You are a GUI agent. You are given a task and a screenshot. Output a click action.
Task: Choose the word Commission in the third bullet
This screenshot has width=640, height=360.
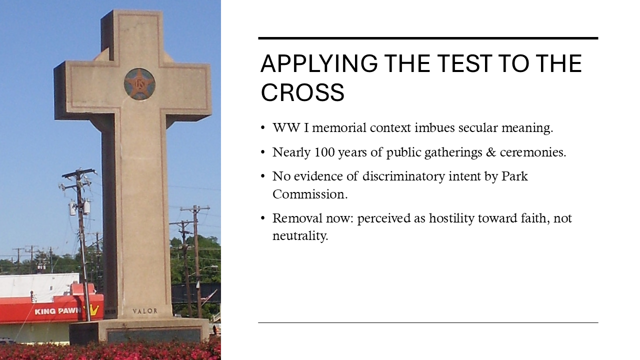tap(309, 194)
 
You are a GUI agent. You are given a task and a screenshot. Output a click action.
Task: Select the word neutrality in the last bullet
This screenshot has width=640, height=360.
tap(300, 235)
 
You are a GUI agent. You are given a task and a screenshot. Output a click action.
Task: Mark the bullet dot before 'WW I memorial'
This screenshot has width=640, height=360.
tap(262, 128)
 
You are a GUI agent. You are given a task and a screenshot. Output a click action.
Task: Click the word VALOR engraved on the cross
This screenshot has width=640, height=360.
tap(145, 311)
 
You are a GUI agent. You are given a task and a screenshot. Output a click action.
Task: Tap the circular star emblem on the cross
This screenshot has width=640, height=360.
tap(139, 84)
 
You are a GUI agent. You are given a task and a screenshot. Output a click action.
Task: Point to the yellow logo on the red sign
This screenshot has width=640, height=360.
tap(94, 310)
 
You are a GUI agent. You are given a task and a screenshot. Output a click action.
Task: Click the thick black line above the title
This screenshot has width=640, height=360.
tap(428, 38)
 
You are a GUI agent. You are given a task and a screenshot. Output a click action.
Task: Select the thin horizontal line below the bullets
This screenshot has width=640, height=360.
tap(428, 322)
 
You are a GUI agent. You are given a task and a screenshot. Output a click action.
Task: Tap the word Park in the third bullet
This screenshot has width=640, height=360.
tap(514, 176)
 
